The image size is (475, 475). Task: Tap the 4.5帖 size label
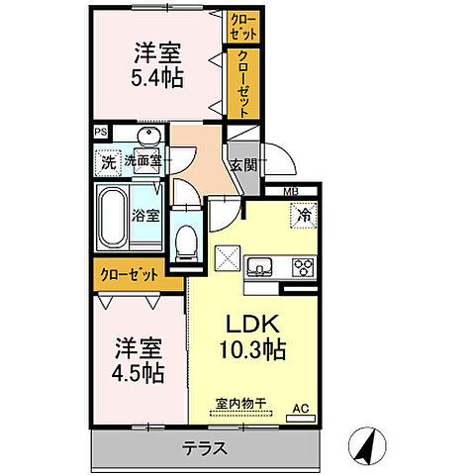[138, 375]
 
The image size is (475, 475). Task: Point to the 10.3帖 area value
[256, 350]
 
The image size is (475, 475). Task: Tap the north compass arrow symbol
[365, 446]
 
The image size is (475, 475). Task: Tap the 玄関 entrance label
[242, 165]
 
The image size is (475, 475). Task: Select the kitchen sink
[261, 265]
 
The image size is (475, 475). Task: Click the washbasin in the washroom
[149, 136]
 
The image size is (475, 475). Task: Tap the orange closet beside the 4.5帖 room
[127, 274]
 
